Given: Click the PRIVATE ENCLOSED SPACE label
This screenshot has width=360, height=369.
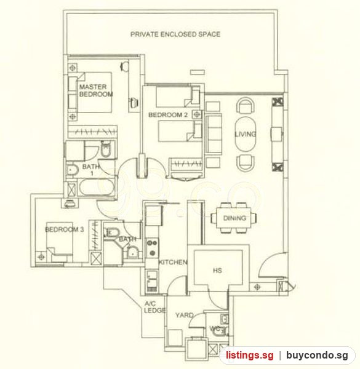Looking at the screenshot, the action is click(x=175, y=34).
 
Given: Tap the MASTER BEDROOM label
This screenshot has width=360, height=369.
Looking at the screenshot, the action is click(x=96, y=90).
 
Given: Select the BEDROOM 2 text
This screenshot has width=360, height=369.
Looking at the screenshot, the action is click(x=168, y=115).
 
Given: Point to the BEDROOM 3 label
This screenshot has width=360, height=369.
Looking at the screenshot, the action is click(x=64, y=229).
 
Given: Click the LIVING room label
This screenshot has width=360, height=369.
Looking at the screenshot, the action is click(x=246, y=134).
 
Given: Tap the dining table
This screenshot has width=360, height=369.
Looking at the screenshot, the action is click(x=234, y=218).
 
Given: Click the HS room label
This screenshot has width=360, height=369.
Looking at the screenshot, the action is click(x=217, y=271).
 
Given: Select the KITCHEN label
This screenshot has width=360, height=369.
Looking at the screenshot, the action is click(x=173, y=262).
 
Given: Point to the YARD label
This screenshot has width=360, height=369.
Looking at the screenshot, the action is click(x=185, y=315).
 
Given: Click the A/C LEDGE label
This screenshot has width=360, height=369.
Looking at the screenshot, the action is click(x=154, y=307).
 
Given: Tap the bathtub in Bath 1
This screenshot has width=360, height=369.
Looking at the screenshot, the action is click(x=97, y=188).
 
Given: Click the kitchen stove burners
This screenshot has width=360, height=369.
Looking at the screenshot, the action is click(x=152, y=247).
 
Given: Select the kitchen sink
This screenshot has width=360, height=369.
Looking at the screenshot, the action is click(x=152, y=279).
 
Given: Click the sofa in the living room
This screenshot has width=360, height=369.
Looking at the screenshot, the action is click(x=214, y=133).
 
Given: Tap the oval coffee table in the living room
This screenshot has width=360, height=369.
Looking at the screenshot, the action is click(x=245, y=134).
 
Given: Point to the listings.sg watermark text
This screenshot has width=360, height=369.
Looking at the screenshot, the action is click(x=250, y=355).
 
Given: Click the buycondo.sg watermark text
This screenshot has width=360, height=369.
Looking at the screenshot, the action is click(x=317, y=355).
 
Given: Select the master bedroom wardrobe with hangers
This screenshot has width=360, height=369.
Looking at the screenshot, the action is click(x=92, y=132).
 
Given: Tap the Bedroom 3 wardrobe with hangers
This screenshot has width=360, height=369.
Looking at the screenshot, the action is click(x=95, y=236).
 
